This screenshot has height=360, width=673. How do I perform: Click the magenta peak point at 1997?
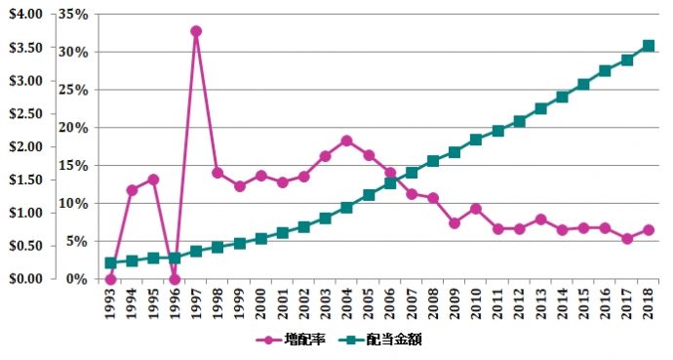point(196,31)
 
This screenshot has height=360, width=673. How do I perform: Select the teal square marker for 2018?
point(648,46)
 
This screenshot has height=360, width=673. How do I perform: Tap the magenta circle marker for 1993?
point(110,279)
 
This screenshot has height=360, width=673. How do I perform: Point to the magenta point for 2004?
point(346,140)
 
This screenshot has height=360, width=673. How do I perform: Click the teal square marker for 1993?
point(110,262)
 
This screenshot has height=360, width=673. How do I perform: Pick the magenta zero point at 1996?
point(175,279)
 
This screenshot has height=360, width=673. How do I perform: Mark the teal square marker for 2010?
point(476,140)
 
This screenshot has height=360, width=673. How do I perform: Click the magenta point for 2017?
point(626,238)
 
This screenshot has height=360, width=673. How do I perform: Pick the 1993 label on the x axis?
point(110,303)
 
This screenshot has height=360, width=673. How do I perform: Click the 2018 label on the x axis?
point(648,303)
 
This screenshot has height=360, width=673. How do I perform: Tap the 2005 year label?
point(369,303)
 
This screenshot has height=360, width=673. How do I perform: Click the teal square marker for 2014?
point(562,97)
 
